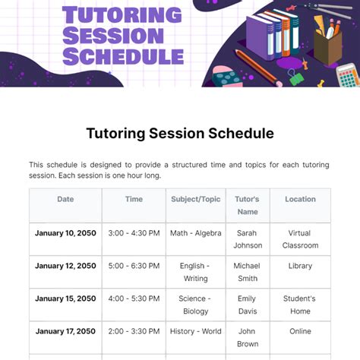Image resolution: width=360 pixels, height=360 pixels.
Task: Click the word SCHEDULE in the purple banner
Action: pyautogui.click(x=123, y=55)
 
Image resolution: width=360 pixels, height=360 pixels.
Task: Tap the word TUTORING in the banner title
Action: pyautogui.click(x=122, y=15)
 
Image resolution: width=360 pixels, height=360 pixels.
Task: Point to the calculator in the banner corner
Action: pyautogui.click(x=347, y=76)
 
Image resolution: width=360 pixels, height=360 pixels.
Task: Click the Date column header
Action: pyautogui.click(x=65, y=199)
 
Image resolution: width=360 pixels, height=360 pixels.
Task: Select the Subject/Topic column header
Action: pyautogui.click(x=195, y=199)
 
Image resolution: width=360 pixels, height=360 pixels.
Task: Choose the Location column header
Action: pyautogui.click(x=300, y=199)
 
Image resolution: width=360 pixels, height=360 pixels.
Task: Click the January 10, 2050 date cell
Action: pyautogui.click(x=65, y=233)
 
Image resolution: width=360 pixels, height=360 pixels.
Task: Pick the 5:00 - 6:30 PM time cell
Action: pyautogui.click(x=134, y=266)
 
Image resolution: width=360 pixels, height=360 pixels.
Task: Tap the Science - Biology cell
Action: pyautogui.click(x=195, y=305)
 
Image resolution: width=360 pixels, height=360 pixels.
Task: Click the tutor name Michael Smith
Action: pyautogui.click(x=247, y=272)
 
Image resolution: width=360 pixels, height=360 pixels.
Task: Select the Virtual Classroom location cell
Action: pyautogui.click(x=300, y=239)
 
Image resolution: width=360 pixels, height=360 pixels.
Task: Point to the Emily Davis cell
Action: pyautogui.click(x=247, y=305)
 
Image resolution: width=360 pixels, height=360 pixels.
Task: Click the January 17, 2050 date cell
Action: pyautogui.click(x=65, y=331)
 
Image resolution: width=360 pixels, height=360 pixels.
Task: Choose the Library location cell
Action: pyautogui.click(x=300, y=266)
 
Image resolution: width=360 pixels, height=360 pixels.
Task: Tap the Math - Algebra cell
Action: pyautogui.click(x=195, y=233)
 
